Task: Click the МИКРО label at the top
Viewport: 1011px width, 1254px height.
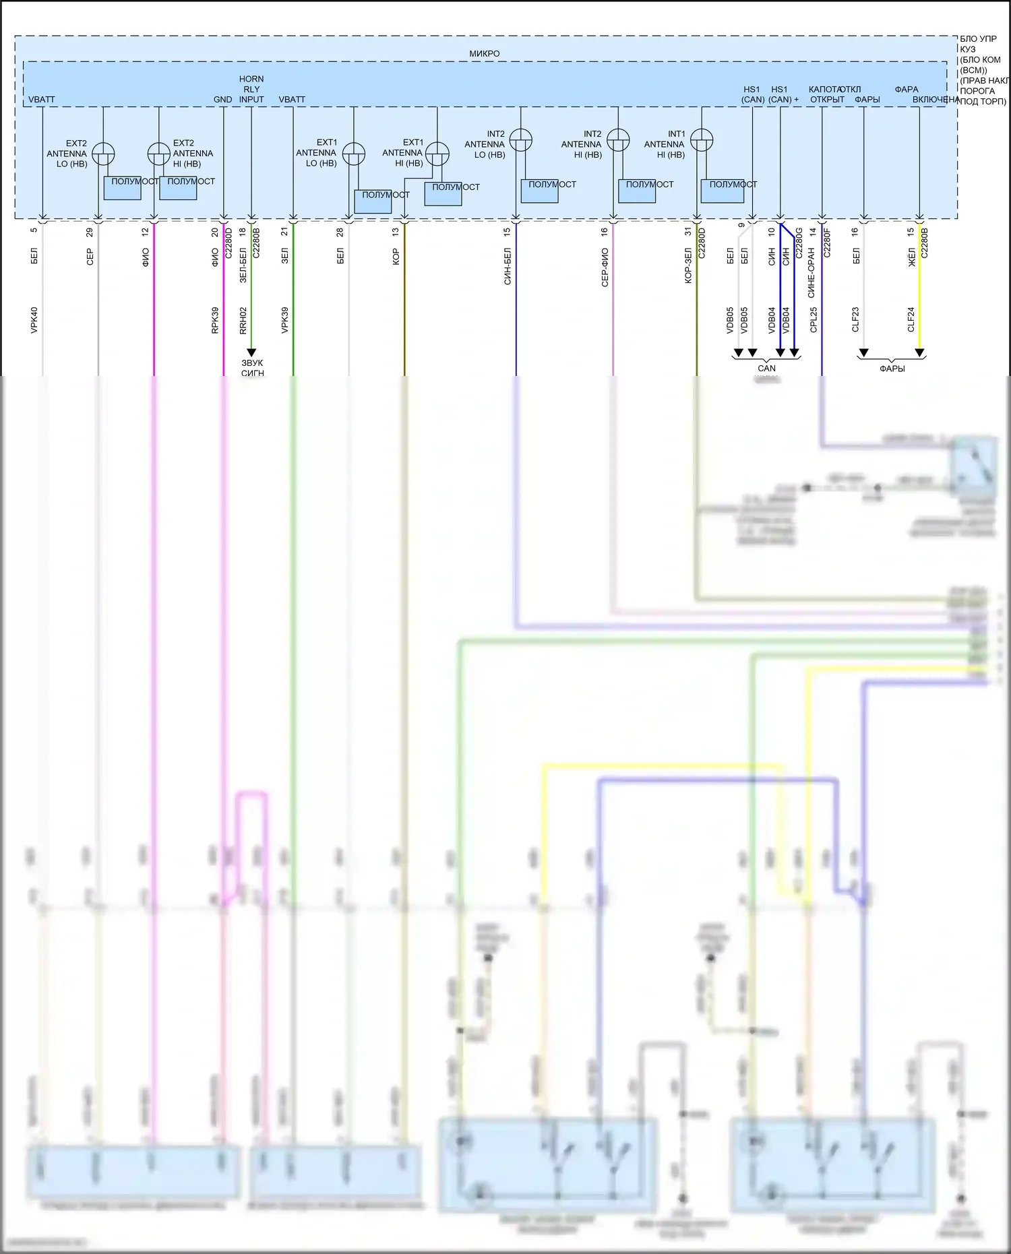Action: (x=484, y=54)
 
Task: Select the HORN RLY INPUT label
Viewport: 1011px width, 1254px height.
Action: (x=251, y=89)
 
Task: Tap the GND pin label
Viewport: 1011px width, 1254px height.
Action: (x=222, y=100)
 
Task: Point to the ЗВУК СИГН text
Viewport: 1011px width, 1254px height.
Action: (x=252, y=368)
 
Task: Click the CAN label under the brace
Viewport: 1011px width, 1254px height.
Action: (x=766, y=369)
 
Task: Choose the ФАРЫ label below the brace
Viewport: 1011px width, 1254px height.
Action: (x=892, y=369)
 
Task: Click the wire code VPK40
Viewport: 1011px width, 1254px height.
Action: (x=34, y=320)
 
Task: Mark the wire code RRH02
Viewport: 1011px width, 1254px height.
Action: (x=243, y=320)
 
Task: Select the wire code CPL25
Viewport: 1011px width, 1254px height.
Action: (x=814, y=320)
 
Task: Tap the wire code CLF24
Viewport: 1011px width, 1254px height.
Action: (x=911, y=320)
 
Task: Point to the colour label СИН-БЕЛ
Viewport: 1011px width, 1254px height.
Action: (x=508, y=266)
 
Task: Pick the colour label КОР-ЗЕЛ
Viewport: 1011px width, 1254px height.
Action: (x=688, y=265)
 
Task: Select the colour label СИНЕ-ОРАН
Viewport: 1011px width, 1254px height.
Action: (x=812, y=272)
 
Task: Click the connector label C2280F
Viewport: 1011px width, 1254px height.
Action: (x=827, y=243)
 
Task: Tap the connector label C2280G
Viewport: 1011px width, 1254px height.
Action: (x=799, y=243)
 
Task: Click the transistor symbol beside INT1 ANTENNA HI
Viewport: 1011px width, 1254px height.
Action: (x=702, y=139)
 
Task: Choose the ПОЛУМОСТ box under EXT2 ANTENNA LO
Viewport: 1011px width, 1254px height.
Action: (x=123, y=188)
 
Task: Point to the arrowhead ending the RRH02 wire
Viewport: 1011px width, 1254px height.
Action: (x=251, y=352)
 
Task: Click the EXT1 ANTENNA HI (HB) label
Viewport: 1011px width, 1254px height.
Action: (x=404, y=153)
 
